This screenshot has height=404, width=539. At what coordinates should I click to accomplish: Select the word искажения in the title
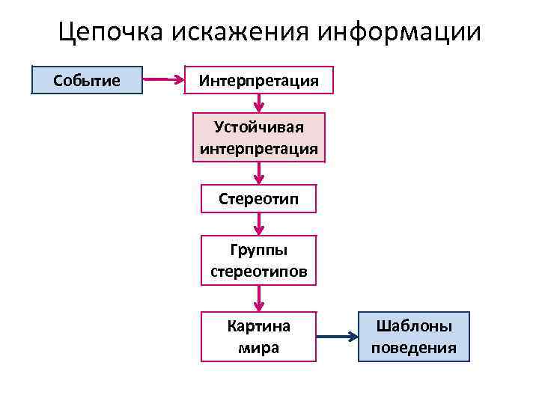pyautogui.click(x=240, y=32)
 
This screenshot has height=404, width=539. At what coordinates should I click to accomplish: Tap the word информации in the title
pyautogui.click(x=400, y=32)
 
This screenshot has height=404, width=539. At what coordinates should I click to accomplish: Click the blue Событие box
pyautogui.click(x=87, y=79)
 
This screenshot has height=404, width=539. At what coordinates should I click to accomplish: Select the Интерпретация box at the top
pyautogui.click(x=259, y=79)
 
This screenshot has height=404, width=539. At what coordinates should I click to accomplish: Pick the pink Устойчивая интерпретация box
pyautogui.click(x=258, y=137)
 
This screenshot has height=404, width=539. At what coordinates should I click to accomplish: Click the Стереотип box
pyautogui.click(x=258, y=199)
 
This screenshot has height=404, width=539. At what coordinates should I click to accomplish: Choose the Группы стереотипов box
pyautogui.click(x=258, y=260)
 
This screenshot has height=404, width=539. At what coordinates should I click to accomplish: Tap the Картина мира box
pyautogui.click(x=258, y=337)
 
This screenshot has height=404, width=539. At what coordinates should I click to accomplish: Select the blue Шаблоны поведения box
pyautogui.click(x=414, y=337)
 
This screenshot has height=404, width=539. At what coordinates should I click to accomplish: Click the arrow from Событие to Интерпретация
pyautogui.click(x=164, y=79)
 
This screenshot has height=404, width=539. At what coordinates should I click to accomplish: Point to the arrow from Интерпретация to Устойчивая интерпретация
pyautogui.click(x=258, y=103)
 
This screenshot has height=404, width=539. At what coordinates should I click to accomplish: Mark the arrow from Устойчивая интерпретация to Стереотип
pyautogui.click(x=258, y=173)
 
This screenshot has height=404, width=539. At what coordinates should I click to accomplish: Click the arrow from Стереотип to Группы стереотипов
pyautogui.click(x=258, y=224)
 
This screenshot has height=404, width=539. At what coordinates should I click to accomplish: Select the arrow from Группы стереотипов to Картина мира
pyautogui.click(x=258, y=299)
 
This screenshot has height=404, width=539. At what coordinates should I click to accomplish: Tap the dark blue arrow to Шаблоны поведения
pyautogui.click(x=337, y=337)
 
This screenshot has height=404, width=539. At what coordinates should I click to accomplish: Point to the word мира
pyautogui.click(x=258, y=348)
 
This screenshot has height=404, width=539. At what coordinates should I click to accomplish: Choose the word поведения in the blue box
pyautogui.click(x=414, y=348)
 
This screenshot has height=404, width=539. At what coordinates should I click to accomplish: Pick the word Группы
pyautogui.click(x=258, y=250)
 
